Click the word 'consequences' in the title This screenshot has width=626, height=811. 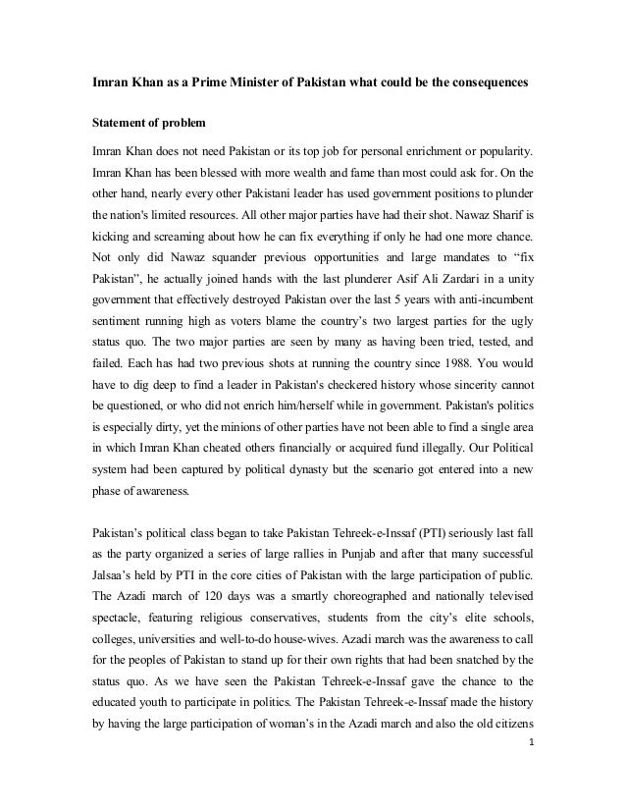[480, 86]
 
